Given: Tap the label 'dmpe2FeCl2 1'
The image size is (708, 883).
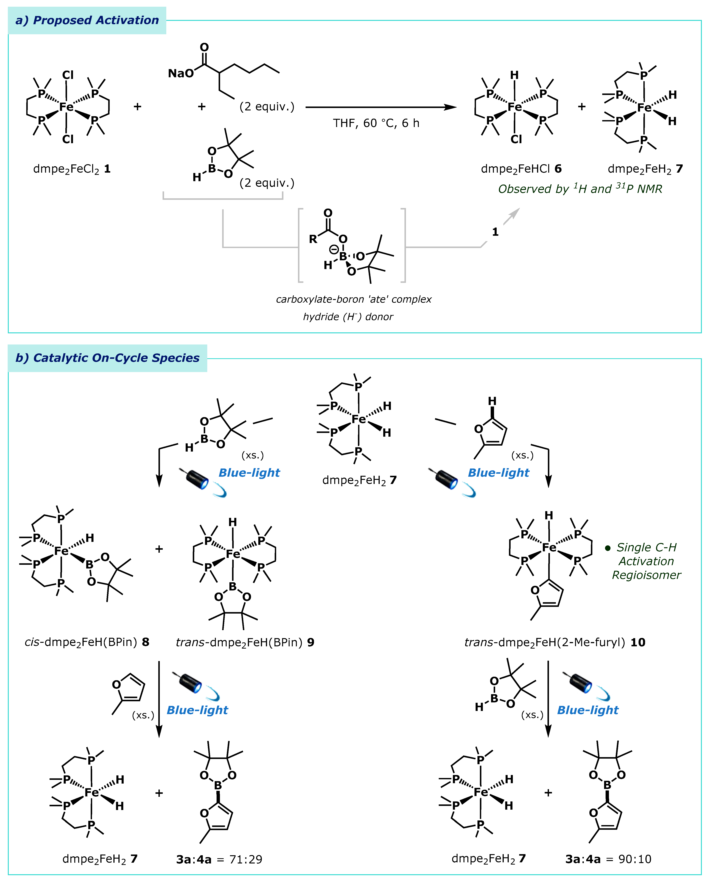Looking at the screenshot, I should click(72, 169).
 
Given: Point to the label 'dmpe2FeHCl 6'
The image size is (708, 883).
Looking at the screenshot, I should click(521, 169).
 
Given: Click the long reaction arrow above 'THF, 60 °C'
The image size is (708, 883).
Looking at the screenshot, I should click(381, 107).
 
